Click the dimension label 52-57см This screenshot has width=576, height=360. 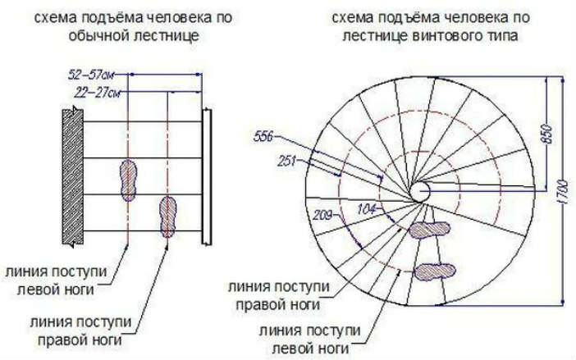click(91, 75)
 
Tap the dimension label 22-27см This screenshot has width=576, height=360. click(98, 93)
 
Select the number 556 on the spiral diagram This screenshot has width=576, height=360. click(263, 137)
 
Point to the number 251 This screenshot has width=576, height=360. click(286, 161)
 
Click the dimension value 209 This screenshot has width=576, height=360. click(322, 215)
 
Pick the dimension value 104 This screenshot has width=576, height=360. click(367, 209)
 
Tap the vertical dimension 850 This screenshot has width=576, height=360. click(547, 134)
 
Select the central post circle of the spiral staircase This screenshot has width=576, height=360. click(419, 192)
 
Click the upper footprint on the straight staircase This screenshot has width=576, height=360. click(129, 180)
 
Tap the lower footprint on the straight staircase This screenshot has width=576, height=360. click(168, 216)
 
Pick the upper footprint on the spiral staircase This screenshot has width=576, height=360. click(430, 230)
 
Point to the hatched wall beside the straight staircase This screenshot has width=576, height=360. click(73, 177)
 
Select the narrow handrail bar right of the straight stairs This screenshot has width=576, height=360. click(207, 177)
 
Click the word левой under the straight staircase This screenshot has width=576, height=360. click(35, 290)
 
